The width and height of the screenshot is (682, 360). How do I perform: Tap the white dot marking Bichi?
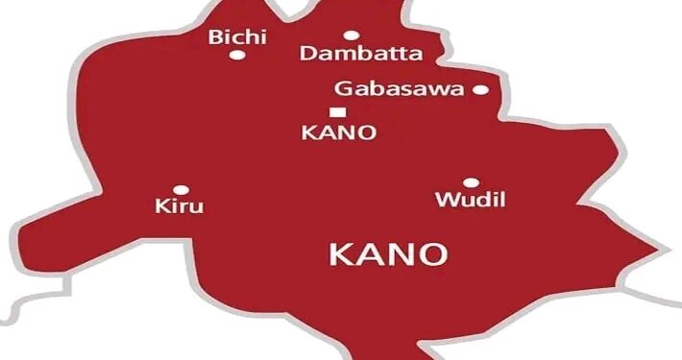click(235, 55)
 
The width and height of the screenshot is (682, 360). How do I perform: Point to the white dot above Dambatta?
click(351, 36)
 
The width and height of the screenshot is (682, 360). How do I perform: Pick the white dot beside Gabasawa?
click(480, 90)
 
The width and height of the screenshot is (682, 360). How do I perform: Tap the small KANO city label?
click(337, 132)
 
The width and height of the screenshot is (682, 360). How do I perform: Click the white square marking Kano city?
click(335, 112)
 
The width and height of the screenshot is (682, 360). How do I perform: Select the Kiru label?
click(180, 206)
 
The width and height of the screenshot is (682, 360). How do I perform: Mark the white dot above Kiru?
click(180, 190)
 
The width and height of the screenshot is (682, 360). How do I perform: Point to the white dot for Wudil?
click(471, 182)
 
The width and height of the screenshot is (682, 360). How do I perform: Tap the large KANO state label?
click(388, 255)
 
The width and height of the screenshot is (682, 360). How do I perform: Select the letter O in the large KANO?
click(434, 255)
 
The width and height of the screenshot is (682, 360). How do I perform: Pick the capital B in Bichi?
click(215, 36)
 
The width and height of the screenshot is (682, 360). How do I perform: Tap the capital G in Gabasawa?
click(343, 89)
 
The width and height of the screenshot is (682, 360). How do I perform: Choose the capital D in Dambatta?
click(308, 54)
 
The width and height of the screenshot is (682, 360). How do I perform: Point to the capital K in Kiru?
click(160, 206)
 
